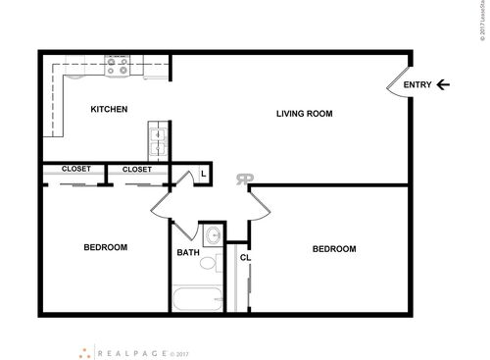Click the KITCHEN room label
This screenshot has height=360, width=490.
[x=109, y=109]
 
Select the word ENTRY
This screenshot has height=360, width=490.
[x=417, y=84]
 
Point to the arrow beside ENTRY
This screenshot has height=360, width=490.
[x=444, y=84]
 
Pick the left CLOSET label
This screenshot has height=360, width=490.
[x=75, y=169]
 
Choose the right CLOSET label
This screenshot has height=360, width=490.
[x=137, y=169]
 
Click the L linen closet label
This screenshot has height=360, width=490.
[x=202, y=174]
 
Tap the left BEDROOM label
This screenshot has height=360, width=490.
[x=106, y=247]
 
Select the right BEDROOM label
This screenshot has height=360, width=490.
[x=333, y=249]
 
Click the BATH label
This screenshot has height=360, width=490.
[x=188, y=253]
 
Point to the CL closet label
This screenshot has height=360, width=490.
[x=245, y=258]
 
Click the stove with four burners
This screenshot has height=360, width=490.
[x=119, y=67]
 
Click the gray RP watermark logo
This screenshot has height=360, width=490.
[x=243, y=179]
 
